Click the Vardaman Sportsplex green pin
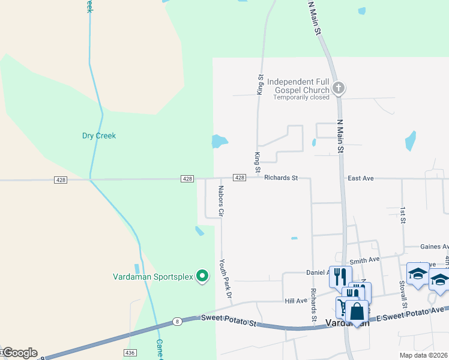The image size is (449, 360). click(x=203, y=276)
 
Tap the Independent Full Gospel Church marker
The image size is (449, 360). click(x=339, y=88)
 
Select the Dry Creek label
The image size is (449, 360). click(x=99, y=136)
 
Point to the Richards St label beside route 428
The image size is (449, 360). click(x=281, y=178)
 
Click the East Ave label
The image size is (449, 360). click(x=360, y=178)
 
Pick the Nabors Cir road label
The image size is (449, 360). click(x=221, y=201)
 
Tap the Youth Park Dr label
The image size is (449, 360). click(x=225, y=280)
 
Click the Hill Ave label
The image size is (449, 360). click(x=296, y=301)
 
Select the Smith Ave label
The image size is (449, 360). click(x=365, y=260)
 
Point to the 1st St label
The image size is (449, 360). click(x=402, y=216)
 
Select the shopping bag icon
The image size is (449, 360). click(x=357, y=313)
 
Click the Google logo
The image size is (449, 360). click(x=19, y=353)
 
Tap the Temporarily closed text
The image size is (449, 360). click(x=301, y=97)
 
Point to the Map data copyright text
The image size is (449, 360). click(x=424, y=355)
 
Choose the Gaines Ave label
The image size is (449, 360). click(x=435, y=247)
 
